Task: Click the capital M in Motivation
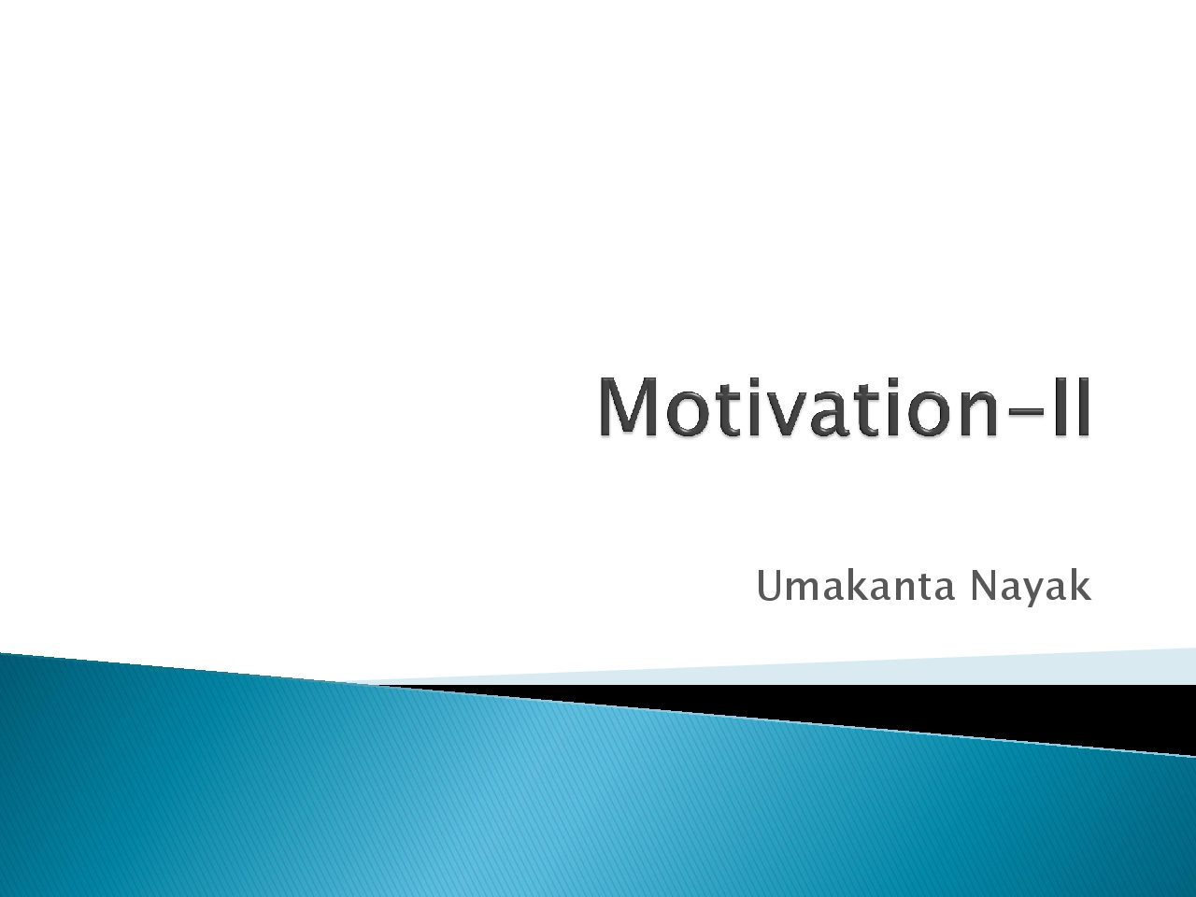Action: click(x=630, y=407)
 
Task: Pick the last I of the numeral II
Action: click(x=1083, y=407)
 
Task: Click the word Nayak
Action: click(x=1031, y=590)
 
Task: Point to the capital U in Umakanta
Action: click(x=769, y=587)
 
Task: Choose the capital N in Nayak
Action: click(x=982, y=587)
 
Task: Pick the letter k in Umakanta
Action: click(x=860, y=586)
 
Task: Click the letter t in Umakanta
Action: click(x=925, y=589)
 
